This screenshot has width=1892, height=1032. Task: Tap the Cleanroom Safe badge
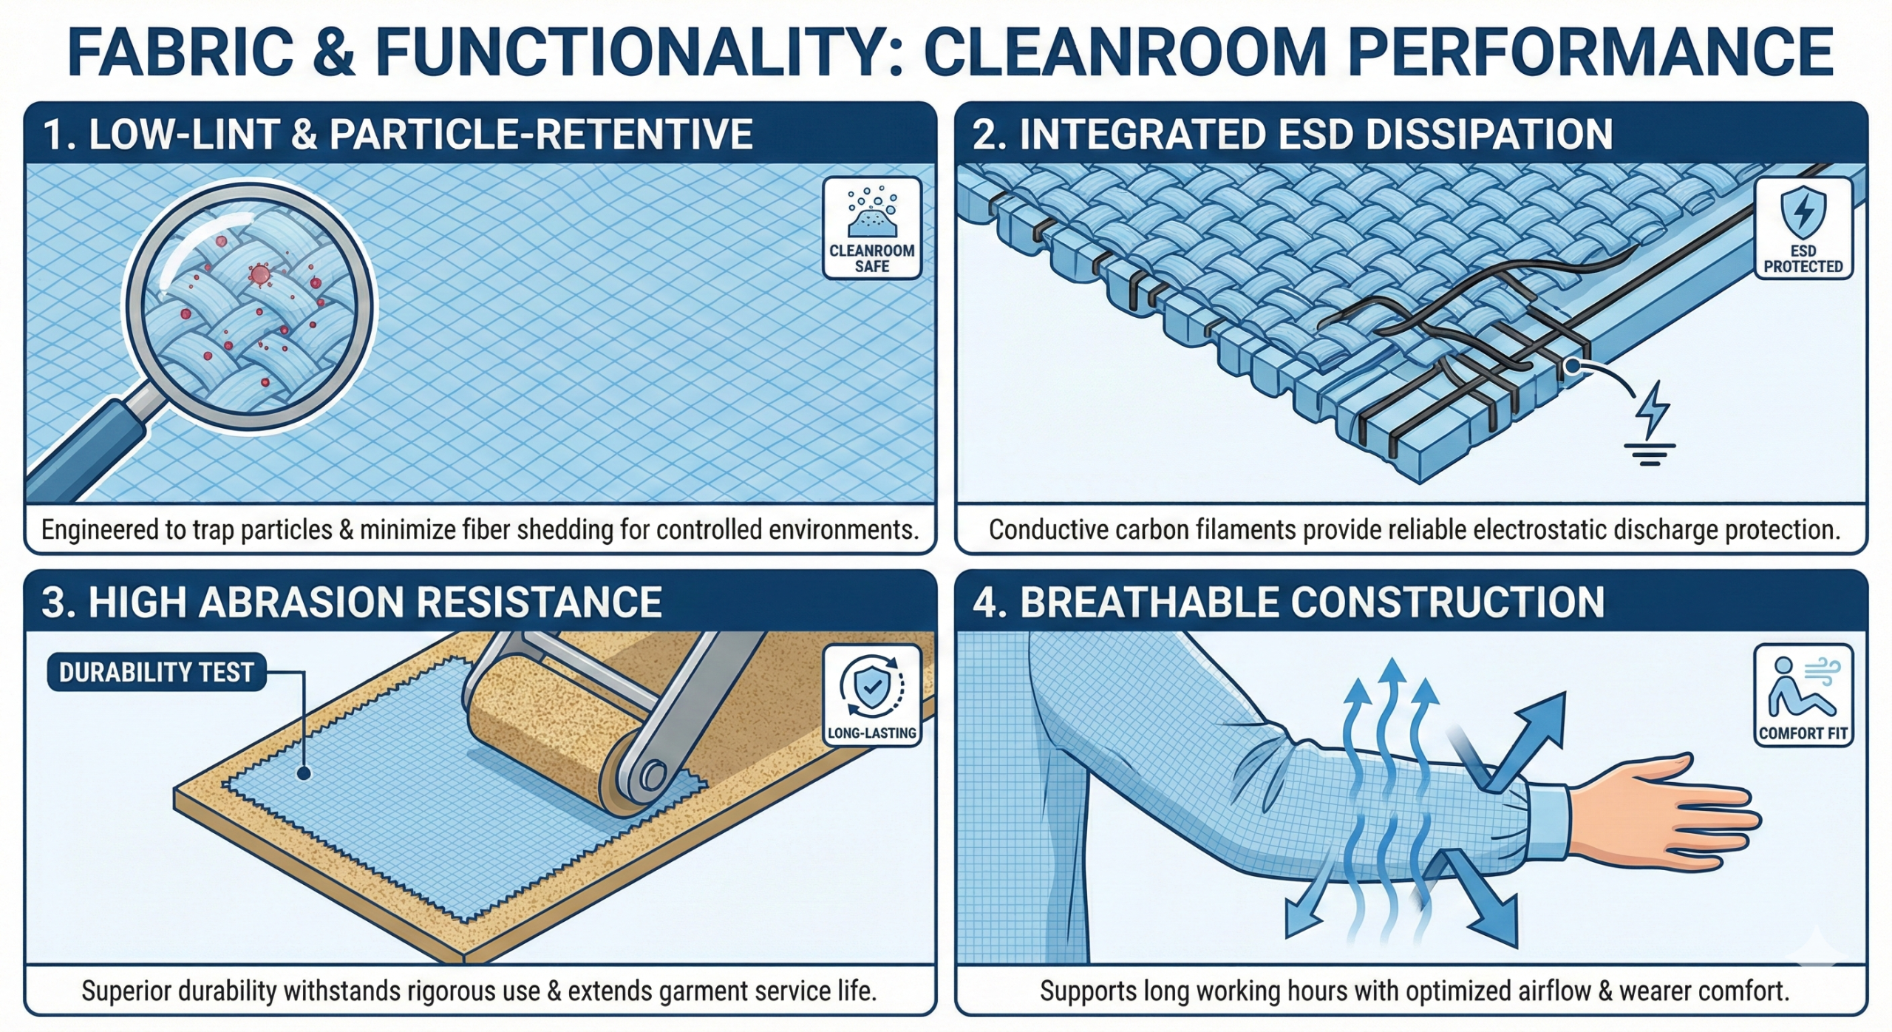872,228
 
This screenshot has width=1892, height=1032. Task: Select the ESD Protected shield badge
1803,228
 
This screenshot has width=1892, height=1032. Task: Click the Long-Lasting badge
872,695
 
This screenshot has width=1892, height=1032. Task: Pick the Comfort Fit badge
1803,695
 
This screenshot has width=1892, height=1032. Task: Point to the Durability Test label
157,672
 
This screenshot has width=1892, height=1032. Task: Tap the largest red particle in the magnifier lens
259,275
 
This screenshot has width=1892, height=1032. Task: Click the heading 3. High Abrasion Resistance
352,602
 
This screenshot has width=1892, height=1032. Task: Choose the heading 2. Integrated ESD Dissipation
1293,134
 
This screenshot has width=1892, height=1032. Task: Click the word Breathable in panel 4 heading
1150,602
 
